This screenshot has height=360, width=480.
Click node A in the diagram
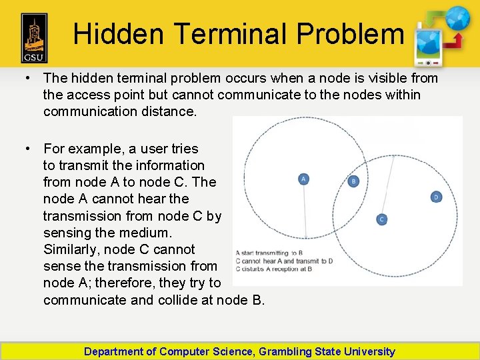303,179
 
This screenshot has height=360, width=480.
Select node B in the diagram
353,181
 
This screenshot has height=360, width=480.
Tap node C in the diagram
381,219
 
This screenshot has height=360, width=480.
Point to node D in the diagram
436,197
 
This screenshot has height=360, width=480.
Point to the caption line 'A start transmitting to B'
270,253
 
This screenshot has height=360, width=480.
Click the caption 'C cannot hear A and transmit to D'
284,261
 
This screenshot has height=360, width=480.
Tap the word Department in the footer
113,351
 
